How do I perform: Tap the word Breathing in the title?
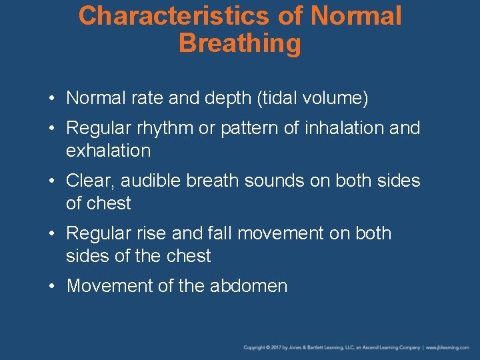click(240, 44)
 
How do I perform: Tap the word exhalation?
click(108, 151)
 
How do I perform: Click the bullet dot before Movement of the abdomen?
click(53, 287)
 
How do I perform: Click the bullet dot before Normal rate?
click(53, 99)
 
